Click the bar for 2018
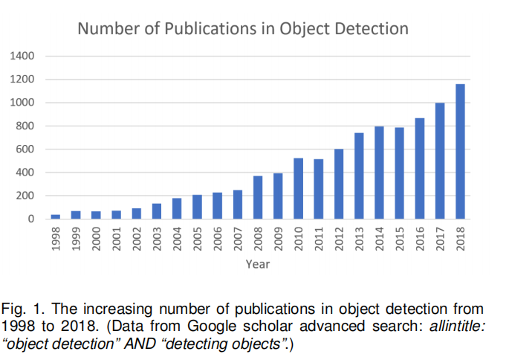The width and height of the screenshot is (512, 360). tap(461, 152)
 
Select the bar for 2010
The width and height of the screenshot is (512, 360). tap(299, 189)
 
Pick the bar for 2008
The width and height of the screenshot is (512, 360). tap(258, 198)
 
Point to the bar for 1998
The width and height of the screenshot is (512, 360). tap(56, 216)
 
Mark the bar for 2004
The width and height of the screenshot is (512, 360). tap(177, 209)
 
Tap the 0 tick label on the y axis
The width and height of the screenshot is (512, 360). tap(33, 219)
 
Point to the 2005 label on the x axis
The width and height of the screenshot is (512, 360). tap(198, 237)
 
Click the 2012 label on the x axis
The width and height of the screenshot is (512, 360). tap(339, 237)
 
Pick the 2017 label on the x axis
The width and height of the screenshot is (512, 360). tap(440, 237)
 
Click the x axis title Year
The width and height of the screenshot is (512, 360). tap(258, 264)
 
